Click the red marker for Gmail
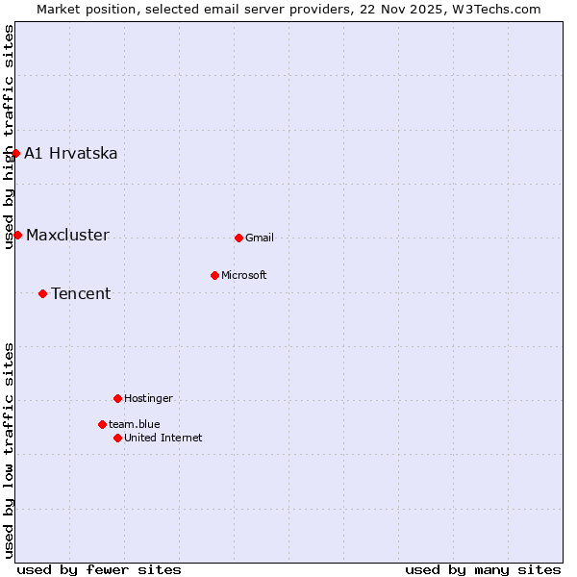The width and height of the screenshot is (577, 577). point(238,238)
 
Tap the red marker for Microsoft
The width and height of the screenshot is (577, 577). point(214,275)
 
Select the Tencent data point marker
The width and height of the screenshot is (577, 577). point(42,293)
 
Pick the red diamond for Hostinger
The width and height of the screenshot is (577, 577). point(117,398)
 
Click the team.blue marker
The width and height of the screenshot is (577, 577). point(102,424)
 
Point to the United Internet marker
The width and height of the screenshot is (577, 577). point(117,438)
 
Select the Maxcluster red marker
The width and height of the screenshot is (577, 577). point(17,235)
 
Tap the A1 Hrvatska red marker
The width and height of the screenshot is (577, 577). point(15,153)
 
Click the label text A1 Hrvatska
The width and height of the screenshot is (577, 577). point(71,154)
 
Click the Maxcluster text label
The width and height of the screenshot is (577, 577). point(67,236)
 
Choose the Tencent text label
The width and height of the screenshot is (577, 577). point(81,294)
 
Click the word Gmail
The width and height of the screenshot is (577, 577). point(260,238)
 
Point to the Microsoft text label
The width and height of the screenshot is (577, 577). point(244,276)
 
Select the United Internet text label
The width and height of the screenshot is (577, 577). point(163,439)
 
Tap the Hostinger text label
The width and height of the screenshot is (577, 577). point(149,399)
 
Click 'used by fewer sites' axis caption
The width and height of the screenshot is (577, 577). point(99,569)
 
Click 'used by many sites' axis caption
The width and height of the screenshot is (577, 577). point(483,569)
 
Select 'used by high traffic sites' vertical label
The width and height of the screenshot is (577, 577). point(9,137)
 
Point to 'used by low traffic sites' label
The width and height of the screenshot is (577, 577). point(9,450)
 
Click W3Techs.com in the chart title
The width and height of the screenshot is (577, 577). point(495,9)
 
